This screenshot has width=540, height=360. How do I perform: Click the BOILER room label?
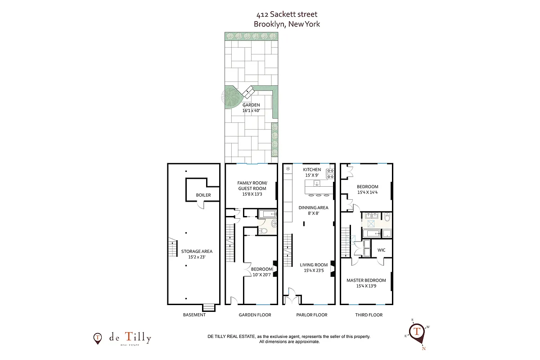point(203,195)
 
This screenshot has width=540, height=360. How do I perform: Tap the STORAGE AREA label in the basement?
point(197,254)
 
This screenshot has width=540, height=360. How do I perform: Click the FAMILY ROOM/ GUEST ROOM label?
point(252,186)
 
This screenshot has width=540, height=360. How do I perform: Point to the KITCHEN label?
point(311,170)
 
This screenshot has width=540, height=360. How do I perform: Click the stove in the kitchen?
point(331,171)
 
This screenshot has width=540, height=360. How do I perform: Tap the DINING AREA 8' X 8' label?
point(313,211)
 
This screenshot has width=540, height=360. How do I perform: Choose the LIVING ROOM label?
point(314,268)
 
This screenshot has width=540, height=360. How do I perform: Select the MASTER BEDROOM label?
point(366,283)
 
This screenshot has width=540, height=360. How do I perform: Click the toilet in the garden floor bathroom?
point(264,231)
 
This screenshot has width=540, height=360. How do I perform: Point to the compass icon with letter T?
point(417,332)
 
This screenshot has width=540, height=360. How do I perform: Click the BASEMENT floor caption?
point(194,315)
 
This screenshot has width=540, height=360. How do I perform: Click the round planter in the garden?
point(233,96)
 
